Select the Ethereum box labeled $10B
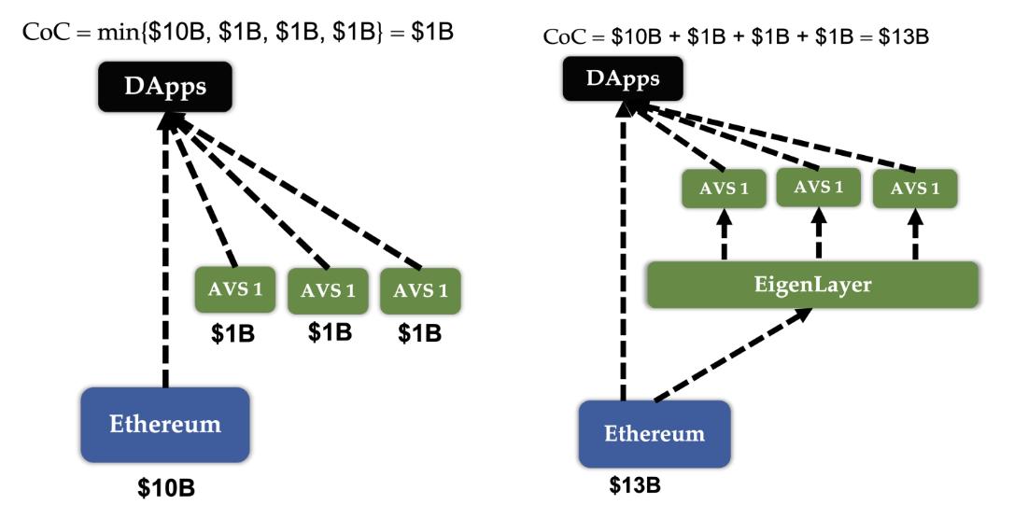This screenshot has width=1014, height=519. coord(165,425)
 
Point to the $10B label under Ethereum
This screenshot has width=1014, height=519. coord(165,489)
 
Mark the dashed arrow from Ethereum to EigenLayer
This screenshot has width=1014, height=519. coord(728,358)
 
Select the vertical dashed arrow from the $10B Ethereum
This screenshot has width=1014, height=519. coord(166,261)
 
